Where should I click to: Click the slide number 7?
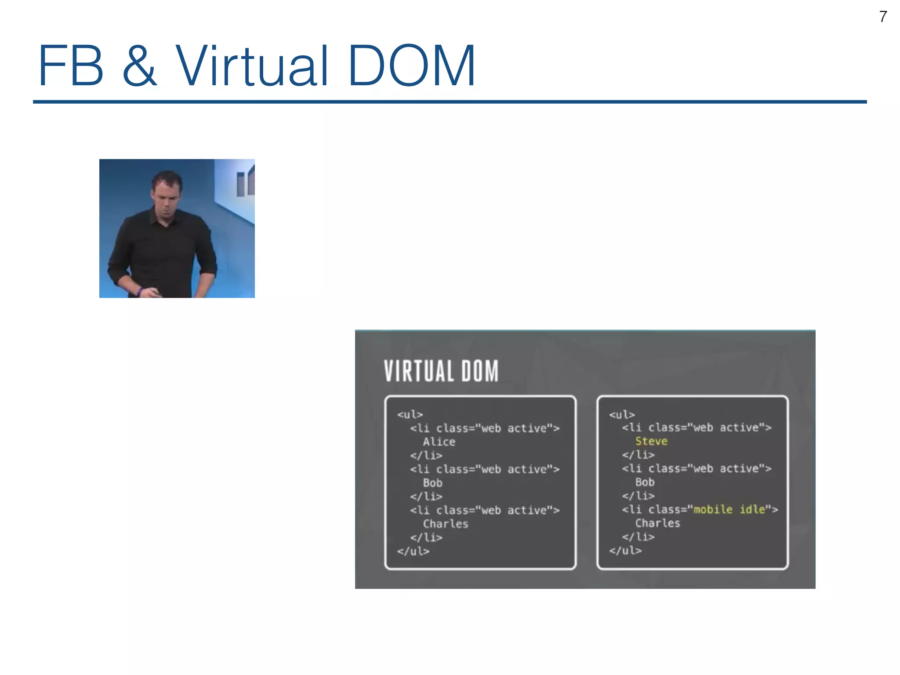tap(883, 17)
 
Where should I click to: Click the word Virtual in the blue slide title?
tap(252, 66)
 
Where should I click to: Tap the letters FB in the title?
tap(71, 66)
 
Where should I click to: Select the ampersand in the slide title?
tap(139, 66)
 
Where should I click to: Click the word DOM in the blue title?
tap(412, 66)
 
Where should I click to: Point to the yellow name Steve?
tap(651, 441)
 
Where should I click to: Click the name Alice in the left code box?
tap(439, 442)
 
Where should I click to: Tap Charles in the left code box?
tap(445, 524)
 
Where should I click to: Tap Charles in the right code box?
tap(657, 523)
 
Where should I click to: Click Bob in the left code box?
tap(432, 483)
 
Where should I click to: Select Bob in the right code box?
tap(645, 482)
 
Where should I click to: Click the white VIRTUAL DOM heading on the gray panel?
tap(441, 371)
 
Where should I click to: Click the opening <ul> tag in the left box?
tap(410, 414)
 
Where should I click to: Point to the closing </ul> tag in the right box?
tap(625, 550)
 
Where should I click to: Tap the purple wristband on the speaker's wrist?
tap(139, 292)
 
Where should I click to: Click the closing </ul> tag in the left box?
tap(413, 551)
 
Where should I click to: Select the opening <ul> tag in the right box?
tap(622, 414)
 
